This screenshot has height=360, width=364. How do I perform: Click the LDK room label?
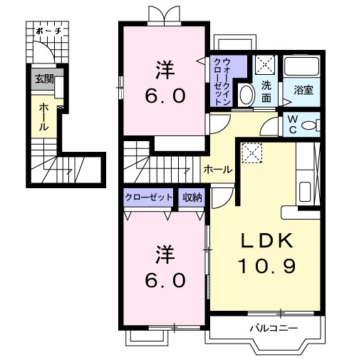tap(266, 241)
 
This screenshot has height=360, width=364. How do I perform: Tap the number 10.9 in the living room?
tap(266, 265)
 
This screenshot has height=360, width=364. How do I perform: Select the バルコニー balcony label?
tap(272, 329)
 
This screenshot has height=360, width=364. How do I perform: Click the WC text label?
tap(293, 125)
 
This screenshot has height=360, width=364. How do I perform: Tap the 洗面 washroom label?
tap(266, 91)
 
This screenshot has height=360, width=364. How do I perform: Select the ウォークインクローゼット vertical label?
tap(222, 81)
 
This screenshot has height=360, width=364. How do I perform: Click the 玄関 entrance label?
tap(43, 78)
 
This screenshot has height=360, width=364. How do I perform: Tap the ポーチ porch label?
tap(48, 32)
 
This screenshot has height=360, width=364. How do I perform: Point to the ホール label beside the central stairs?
tap(217, 169)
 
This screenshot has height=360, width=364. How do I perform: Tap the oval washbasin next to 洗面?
tap(245, 93)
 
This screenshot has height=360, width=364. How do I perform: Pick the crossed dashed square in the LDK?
tap(251, 152)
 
